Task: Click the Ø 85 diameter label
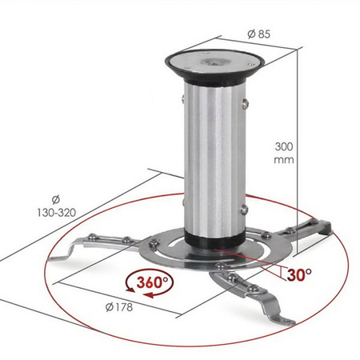point(258,35)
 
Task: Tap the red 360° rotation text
point(151,282)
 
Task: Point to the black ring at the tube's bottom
point(214,238)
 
